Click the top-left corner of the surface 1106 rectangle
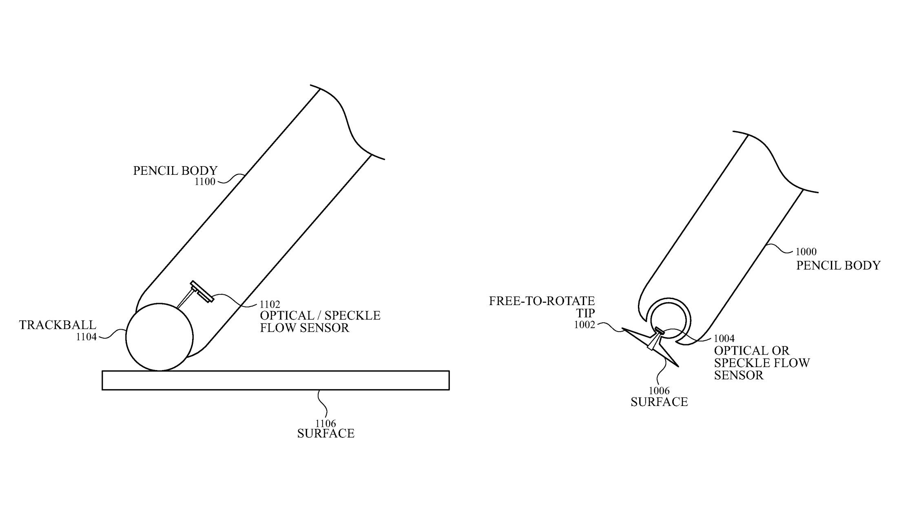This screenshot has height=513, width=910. tap(102, 371)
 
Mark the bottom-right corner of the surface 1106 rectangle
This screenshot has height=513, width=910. tap(449, 390)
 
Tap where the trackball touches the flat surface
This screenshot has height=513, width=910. tap(159, 370)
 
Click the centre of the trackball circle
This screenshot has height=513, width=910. tap(159, 337)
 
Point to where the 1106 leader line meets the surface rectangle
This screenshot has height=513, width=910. tap(319, 390)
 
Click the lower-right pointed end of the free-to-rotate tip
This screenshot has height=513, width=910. tap(678, 366)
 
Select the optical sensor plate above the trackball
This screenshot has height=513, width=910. tap(202, 292)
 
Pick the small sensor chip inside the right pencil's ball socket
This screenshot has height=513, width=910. tap(659, 330)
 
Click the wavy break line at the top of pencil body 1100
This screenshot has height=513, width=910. tap(347, 122)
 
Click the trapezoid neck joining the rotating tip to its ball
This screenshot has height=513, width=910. tap(654, 341)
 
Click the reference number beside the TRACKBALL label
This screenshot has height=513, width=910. tap(86, 337)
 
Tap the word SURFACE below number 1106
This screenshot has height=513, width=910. tap(325, 433)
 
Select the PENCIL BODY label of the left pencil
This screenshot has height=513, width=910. tap(175, 170)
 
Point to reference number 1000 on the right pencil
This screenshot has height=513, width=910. tap(806, 252)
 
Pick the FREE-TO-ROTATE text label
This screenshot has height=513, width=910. tap(542, 301)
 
